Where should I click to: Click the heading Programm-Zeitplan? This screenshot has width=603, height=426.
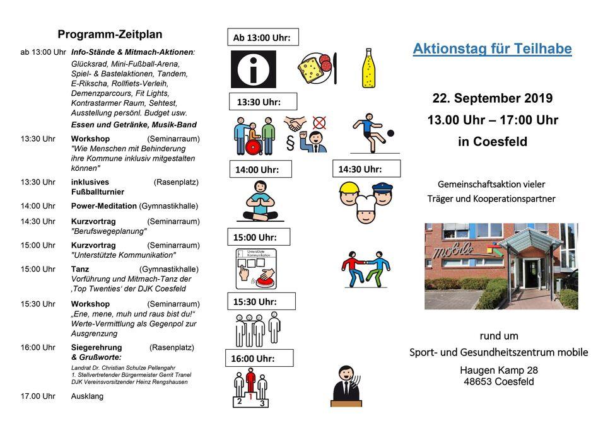point(110,35)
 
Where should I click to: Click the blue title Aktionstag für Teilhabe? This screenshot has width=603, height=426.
point(492,49)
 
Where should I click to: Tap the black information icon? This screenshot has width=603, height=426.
point(253,69)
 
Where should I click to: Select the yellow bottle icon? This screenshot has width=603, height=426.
point(368,68)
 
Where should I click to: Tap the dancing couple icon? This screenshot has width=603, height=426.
point(365,269)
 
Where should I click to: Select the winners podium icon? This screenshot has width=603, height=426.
point(251,388)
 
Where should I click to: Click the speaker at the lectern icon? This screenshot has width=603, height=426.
point(346,386)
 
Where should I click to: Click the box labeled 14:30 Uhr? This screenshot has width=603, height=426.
point(366,169)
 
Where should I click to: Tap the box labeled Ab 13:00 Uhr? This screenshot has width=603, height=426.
point(262,38)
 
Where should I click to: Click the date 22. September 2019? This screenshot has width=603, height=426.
point(492,98)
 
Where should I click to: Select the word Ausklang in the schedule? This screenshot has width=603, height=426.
point(87,396)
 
